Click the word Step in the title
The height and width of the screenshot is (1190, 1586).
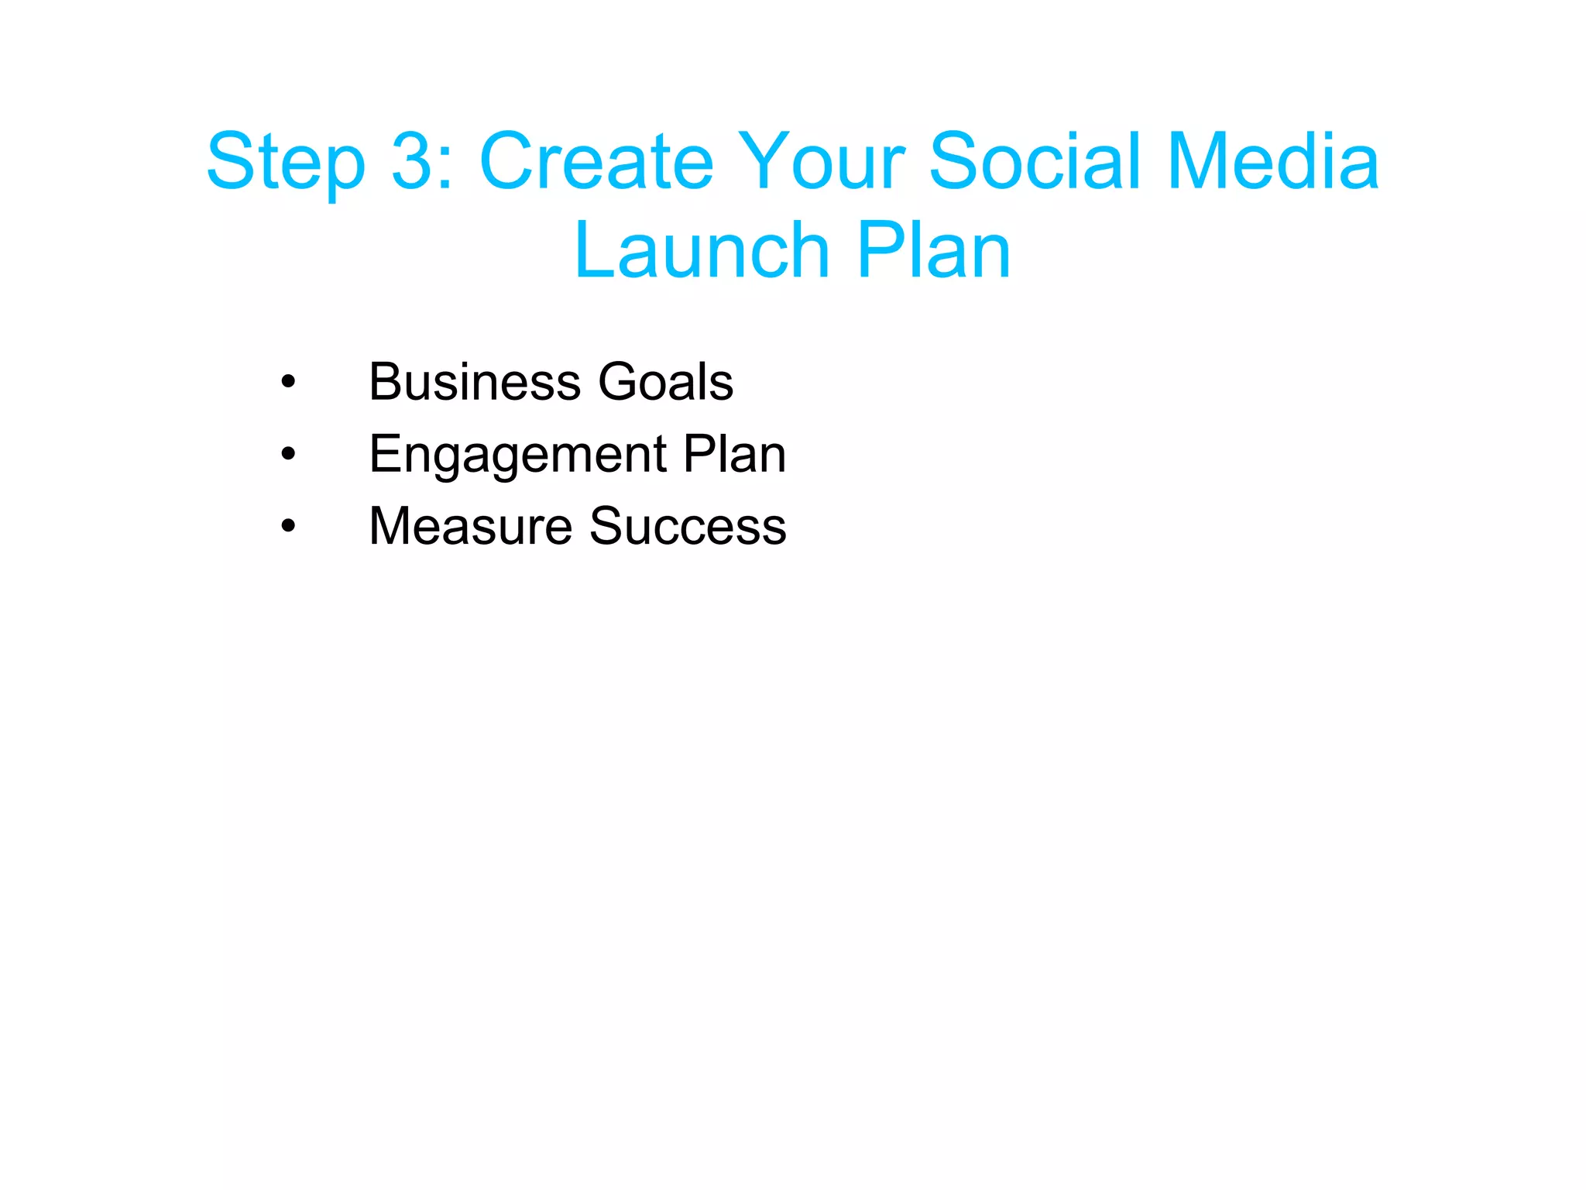click(x=285, y=163)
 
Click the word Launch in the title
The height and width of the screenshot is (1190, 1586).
click(x=702, y=251)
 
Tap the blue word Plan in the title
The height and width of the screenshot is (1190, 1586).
click(x=934, y=251)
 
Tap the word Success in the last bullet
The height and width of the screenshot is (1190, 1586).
click(x=688, y=526)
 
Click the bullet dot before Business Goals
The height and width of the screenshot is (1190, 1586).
click(x=288, y=382)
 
